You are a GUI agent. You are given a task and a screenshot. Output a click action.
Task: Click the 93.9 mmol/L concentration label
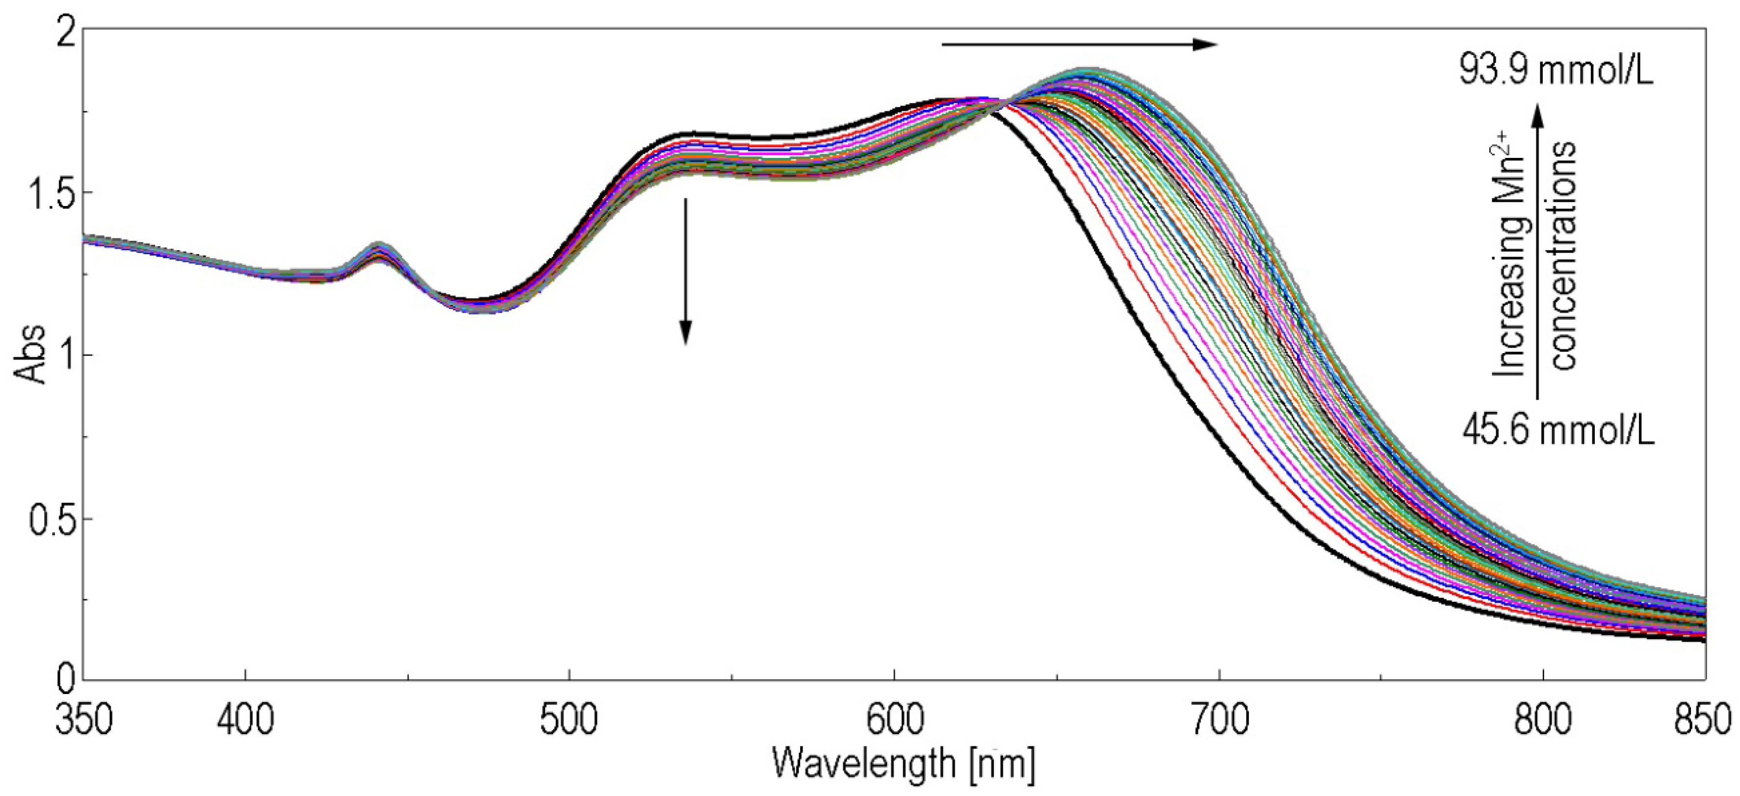point(1556,70)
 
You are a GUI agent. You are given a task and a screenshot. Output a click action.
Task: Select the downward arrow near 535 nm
point(685,270)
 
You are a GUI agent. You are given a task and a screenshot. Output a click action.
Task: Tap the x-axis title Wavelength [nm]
point(903,764)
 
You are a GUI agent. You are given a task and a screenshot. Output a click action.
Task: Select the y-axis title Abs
point(31,355)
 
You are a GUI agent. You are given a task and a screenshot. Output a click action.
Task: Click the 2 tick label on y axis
point(64,32)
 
